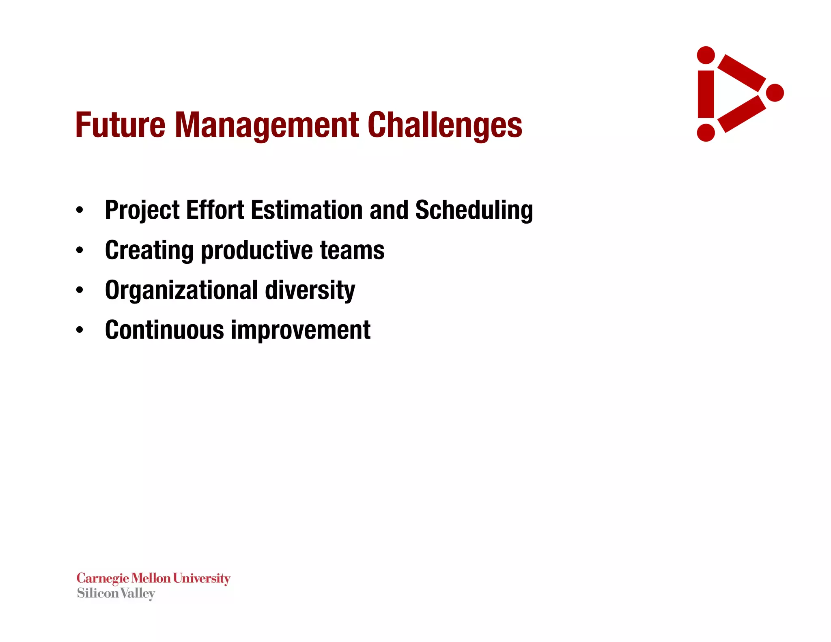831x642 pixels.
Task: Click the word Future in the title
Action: (x=120, y=125)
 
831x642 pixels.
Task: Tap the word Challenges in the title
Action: (x=445, y=125)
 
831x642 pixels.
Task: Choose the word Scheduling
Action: (x=474, y=210)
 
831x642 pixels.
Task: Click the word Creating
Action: (x=149, y=250)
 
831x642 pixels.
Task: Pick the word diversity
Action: (x=310, y=291)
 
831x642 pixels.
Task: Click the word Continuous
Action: (x=164, y=330)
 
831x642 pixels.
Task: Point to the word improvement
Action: (x=300, y=330)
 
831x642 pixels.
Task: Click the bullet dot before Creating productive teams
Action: (x=80, y=251)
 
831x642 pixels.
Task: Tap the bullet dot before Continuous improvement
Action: (x=80, y=330)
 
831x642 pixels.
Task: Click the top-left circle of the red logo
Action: (x=706, y=55)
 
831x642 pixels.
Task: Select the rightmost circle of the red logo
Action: (x=775, y=93)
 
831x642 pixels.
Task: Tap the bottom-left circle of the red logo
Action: (x=706, y=133)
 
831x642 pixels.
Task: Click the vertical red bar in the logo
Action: (x=706, y=94)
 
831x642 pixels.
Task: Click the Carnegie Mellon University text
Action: (x=153, y=578)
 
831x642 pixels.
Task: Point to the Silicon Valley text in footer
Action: (x=116, y=593)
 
